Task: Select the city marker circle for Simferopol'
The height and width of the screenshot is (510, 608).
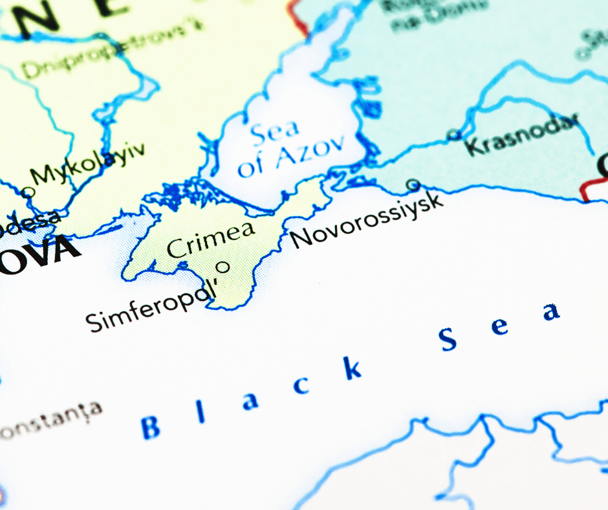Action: (x=223, y=266)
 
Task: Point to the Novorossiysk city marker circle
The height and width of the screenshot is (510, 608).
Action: (x=413, y=185)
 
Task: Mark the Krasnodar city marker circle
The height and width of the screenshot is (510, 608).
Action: (x=454, y=135)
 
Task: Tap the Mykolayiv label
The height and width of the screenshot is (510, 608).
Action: (x=88, y=165)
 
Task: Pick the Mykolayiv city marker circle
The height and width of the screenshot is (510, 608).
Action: (x=27, y=192)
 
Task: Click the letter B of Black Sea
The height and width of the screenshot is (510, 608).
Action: (x=151, y=427)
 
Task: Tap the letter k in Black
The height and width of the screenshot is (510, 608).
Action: (x=352, y=369)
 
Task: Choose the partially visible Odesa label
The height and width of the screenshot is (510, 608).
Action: (x=29, y=223)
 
